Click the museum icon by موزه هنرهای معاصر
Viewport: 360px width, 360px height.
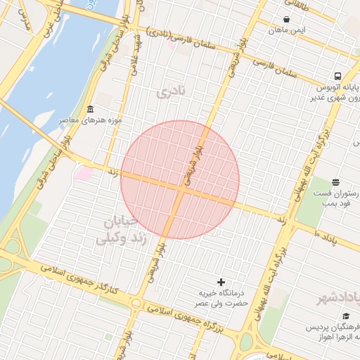[x=91, y=110]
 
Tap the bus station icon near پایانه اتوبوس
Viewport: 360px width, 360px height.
[x=337, y=76]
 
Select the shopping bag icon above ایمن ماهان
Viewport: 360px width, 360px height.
[x=286, y=19]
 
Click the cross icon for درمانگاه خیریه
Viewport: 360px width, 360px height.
[x=221, y=282]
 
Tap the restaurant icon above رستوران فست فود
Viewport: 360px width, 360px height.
[x=335, y=182]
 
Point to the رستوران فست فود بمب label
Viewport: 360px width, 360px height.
[x=337, y=198]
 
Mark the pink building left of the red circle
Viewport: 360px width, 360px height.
[x=84, y=172]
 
